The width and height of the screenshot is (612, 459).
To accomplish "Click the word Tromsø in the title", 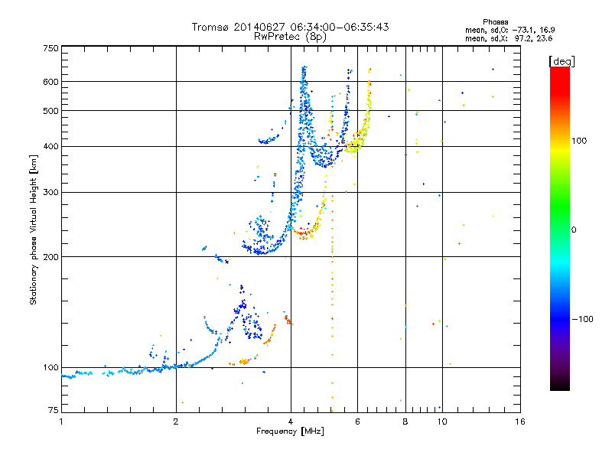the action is pos(211,27).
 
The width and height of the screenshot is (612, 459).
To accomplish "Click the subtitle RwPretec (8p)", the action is pos(290,37).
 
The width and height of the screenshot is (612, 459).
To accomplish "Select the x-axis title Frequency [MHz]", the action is pos(290,431).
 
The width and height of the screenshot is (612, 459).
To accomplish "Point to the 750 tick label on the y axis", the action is pos(51,48).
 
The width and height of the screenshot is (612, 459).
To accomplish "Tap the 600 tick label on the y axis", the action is pos(51,82).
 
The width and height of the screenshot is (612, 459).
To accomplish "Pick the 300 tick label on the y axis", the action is pos(51,193).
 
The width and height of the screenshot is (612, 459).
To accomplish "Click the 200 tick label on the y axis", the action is pos(51,257).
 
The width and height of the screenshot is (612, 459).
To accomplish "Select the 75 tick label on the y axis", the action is pos(54,410).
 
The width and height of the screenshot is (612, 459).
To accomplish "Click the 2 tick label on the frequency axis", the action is pos(176,422).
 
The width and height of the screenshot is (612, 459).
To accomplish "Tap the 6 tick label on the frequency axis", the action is pos(357,422).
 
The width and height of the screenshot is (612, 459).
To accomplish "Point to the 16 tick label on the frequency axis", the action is pos(520,422).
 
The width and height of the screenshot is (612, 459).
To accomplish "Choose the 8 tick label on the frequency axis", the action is pos(405,422).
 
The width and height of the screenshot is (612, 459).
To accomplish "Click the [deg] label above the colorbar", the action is pos(562,61).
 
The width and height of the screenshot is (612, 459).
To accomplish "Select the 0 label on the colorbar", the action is pos(574,230).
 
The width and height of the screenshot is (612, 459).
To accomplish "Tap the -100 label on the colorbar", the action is pos(583,319).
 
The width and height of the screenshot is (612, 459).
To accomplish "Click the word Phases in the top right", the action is pos(495,22).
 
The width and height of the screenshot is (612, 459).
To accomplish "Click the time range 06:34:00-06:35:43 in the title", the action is pos(340,27).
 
